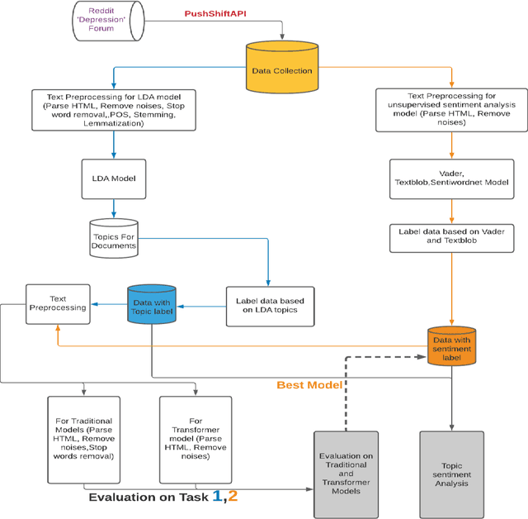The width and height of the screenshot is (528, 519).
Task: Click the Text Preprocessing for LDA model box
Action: (113, 109)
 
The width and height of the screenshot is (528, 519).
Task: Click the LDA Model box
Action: (113, 177)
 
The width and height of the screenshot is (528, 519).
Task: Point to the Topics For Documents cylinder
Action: (113, 238)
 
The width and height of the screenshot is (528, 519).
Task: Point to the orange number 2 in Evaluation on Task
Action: (233, 496)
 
